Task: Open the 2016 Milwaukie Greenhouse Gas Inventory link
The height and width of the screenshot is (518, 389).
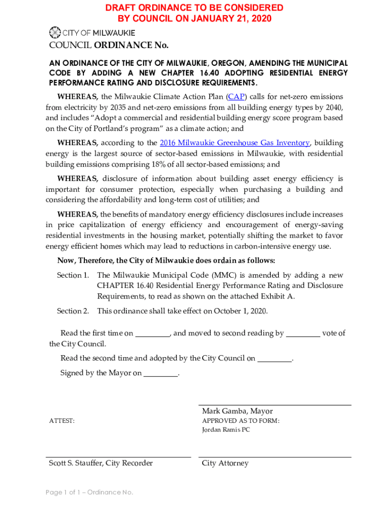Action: tap(234, 143)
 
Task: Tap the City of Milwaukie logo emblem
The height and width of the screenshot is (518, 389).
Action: tap(55, 33)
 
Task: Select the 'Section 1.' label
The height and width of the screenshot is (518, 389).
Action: tap(73, 275)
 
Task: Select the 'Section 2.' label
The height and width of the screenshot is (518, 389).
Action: tap(73, 311)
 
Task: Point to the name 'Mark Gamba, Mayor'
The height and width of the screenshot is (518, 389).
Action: tap(237, 411)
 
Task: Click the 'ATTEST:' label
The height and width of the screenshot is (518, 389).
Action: tap(62, 421)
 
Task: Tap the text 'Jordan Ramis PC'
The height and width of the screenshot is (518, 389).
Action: tap(226, 430)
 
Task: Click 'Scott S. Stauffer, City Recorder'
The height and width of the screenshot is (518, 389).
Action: tap(101, 463)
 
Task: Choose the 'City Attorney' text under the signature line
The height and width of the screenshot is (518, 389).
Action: tap(225, 463)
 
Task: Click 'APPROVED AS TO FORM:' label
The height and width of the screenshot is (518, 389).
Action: tap(241, 421)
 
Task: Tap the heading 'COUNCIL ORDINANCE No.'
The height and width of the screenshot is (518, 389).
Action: tap(109, 46)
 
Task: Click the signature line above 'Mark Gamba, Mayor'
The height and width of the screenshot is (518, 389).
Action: tap(275, 405)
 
